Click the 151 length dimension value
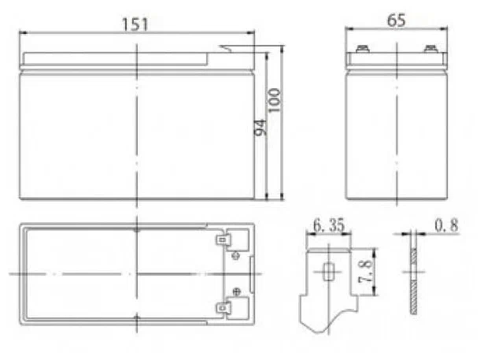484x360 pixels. point(135,24)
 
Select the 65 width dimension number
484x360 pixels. point(396,20)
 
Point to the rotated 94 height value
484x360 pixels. point(260,128)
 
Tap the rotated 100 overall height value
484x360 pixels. point(274,100)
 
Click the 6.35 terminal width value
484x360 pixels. point(328,225)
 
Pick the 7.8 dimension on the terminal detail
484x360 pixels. point(365,272)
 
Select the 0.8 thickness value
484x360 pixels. point(446,225)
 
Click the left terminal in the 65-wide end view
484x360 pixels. point(362,49)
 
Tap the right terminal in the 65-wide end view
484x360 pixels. point(430,49)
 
